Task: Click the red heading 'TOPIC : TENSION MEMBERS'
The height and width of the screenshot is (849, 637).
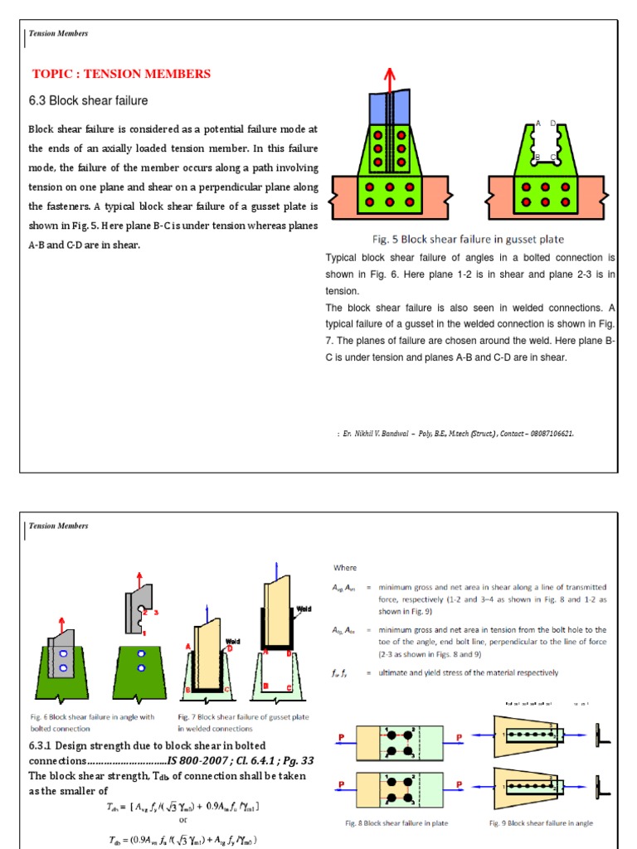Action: coord(121,74)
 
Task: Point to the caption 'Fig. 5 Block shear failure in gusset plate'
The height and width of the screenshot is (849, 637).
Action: coord(466,240)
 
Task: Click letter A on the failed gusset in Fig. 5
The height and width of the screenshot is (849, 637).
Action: coord(538,124)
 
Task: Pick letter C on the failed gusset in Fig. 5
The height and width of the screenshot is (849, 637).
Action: coord(553,157)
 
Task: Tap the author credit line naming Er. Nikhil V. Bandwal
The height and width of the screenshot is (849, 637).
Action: coord(455,433)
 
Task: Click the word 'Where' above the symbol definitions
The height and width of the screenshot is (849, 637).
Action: coord(345,568)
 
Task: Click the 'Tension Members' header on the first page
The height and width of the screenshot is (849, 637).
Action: coord(58,33)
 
